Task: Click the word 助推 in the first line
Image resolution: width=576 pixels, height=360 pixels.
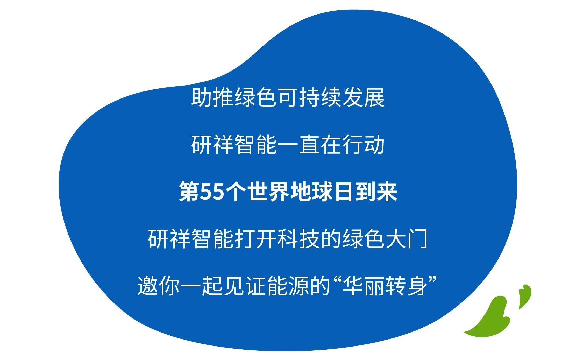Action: pyautogui.click(x=213, y=97)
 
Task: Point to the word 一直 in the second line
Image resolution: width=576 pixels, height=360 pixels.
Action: pyautogui.click(x=299, y=145)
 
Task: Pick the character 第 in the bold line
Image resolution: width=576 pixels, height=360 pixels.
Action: pyautogui.click(x=189, y=192)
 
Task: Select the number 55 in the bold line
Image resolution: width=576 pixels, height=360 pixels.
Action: pyautogui.click(x=212, y=192)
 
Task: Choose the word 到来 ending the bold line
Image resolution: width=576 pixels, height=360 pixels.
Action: pyautogui.click(x=376, y=192)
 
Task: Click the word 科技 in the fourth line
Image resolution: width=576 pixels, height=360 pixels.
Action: pyautogui.click(x=299, y=239)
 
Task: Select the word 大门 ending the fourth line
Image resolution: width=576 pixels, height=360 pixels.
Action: pyautogui.click(x=406, y=239)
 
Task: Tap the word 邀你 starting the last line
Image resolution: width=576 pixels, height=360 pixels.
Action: pyautogui.click(x=159, y=286)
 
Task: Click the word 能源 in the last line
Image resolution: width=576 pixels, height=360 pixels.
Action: pyautogui.click(x=288, y=286)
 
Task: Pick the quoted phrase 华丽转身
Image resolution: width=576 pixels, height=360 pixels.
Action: pyautogui.click(x=385, y=286)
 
